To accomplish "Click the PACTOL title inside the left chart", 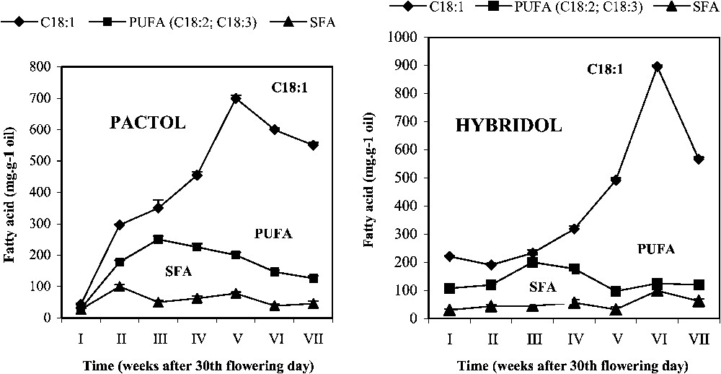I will coord(148,123).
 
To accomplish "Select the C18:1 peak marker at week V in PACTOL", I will coord(236,98).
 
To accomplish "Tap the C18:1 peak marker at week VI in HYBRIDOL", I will coord(637,66).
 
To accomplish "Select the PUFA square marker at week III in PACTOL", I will coord(158,239).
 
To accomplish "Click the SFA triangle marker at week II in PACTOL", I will coord(119,286).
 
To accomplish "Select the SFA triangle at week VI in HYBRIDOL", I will coord(637,290).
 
